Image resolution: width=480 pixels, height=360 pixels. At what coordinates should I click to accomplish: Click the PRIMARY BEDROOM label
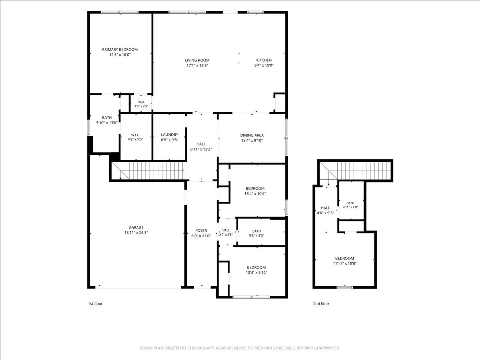click(120, 50)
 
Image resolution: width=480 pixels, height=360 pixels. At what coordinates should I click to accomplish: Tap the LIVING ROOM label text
click(197, 60)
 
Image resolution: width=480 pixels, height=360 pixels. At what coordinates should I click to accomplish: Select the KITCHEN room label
click(264, 60)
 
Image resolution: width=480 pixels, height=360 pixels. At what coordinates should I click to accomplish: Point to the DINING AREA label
click(252, 135)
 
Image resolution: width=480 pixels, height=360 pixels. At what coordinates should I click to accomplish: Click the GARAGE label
click(136, 228)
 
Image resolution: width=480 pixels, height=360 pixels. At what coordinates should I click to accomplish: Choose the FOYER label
click(201, 231)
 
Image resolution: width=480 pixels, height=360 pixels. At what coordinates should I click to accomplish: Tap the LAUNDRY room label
click(169, 135)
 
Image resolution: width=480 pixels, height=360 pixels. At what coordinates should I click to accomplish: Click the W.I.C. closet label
click(135, 135)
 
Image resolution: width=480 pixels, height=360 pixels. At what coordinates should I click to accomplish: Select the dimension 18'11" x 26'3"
click(136, 233)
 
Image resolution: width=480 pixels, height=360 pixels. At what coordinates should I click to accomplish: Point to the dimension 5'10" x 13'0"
click(107, 123)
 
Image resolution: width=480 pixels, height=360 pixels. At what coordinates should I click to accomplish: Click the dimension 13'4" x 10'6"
click(255, 193)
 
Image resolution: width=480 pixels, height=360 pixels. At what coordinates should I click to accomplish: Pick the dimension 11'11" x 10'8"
click(345, 263)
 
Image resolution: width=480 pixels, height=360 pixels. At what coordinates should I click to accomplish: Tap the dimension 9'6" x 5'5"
click(257, 236)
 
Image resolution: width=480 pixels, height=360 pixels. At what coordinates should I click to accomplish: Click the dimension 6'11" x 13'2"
click(201, 149)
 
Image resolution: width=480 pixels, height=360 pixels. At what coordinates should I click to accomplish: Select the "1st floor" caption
click(95, 304)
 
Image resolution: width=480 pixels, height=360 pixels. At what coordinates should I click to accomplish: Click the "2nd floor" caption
click(321, 304)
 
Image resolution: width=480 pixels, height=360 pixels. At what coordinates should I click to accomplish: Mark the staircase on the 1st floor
click(147, 170)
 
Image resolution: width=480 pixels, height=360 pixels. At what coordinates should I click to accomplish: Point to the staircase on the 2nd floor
click(355, 171)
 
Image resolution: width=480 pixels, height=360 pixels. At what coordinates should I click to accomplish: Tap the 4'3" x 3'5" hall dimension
click(141, 106)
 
